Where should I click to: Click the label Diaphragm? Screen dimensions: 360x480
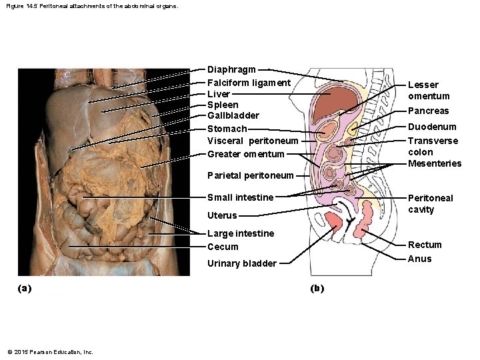click(231, 69)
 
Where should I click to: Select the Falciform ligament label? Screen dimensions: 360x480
click(249, 83)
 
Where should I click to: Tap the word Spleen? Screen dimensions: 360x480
click(223, 105)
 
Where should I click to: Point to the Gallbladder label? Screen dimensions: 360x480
click(233, 115)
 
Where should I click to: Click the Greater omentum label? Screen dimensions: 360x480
click(245, 154)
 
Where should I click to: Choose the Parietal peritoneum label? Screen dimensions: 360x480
click(250, 175)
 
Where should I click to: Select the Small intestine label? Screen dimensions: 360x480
click(240, 197)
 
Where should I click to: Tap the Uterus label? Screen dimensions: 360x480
click(222, 215)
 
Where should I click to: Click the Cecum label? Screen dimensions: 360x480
click(223, 247)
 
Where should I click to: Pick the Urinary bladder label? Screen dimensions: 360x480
click(241, 263)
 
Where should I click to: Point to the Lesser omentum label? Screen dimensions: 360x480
click(428, 90)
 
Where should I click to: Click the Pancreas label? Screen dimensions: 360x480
click(428, 111)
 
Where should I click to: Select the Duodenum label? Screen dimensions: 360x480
click(432, 127)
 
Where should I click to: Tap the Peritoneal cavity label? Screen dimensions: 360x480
click(430, 203)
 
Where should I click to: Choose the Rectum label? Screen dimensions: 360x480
click(425, 245)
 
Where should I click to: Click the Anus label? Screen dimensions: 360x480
click(419, 259)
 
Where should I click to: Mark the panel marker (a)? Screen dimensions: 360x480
click(25, 288)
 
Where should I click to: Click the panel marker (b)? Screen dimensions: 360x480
click(317, 288)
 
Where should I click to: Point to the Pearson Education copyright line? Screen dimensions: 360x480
click(50, 351)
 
